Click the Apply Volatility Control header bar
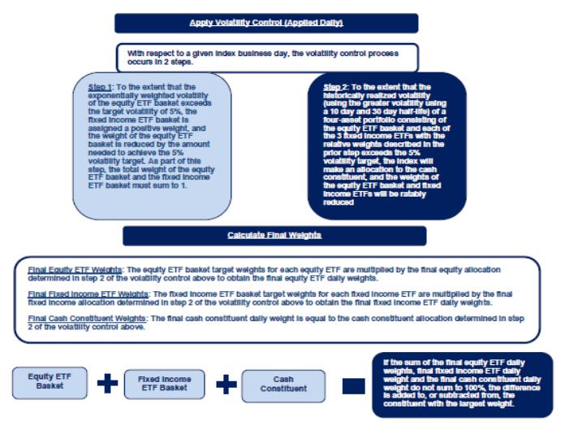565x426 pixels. point(266,23)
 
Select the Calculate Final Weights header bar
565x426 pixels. point(274,235)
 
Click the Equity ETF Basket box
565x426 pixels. point(50,382)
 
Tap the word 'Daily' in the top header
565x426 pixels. point(328,23)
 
